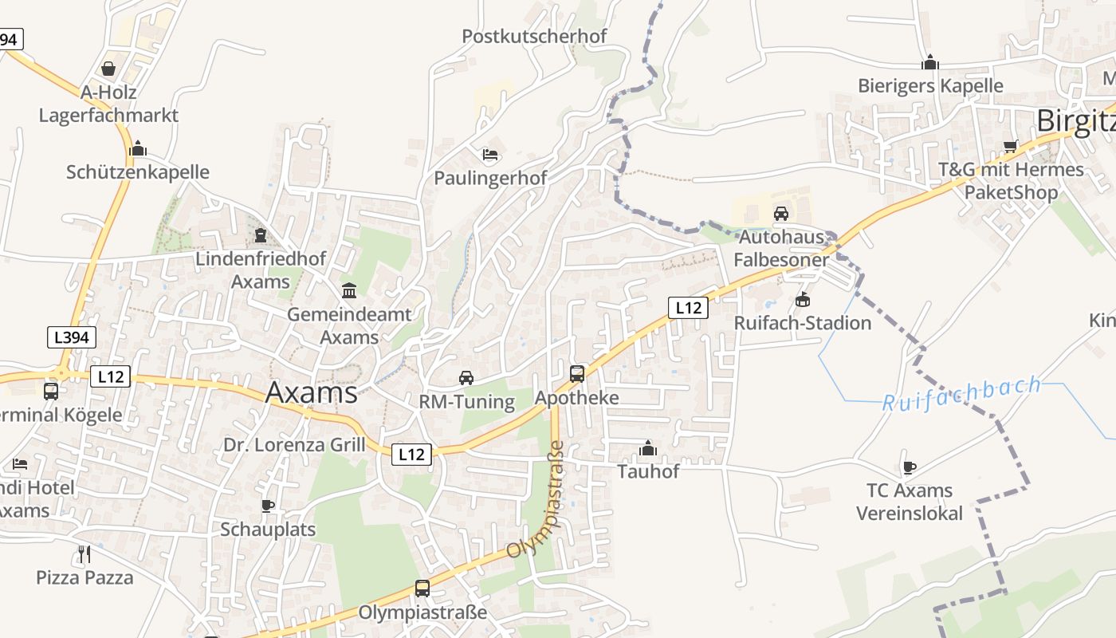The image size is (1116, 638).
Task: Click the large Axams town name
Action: [311, 392]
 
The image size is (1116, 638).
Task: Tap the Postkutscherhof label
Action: [534, 36]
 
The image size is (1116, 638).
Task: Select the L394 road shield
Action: [72, 337]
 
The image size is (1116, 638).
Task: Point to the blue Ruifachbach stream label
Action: [961, 394]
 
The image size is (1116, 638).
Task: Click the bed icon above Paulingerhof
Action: [490, 154]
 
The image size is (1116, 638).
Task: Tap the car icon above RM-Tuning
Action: [466, 377]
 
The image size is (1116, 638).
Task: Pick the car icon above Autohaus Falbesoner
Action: [781, 213]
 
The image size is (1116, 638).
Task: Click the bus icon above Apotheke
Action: [577, 373]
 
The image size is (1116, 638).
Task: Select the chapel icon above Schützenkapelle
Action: [138, 148]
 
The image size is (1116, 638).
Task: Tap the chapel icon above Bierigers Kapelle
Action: [929, 62]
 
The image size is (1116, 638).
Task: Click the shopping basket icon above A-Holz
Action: [108, 69]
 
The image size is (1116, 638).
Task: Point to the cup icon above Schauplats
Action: [268, 506]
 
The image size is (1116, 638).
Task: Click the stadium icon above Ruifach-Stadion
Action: [802, 300]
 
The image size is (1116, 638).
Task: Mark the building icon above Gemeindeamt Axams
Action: [348, 290]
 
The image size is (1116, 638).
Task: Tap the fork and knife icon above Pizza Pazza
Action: [84, 553]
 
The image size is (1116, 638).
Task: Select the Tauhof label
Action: [648, 471]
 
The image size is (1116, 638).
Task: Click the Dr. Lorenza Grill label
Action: [294, 445]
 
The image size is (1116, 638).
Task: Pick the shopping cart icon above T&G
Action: [1011, 146]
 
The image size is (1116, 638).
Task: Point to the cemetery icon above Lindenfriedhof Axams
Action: [261, 234]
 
